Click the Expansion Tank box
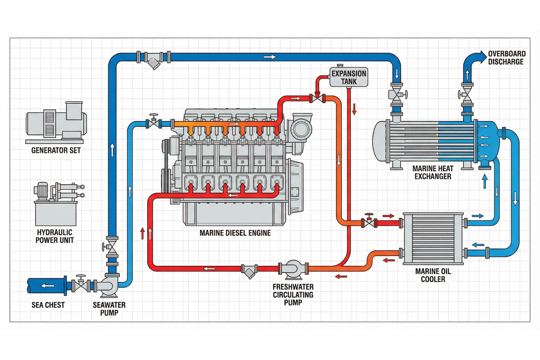[349, 77]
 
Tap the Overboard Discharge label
[507, 58]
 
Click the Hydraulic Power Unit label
[54, 237]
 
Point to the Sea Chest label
[48, 305]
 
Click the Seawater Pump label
[109, 309]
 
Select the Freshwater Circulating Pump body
[293, 269]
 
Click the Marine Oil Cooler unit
[433, 238]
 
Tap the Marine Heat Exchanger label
[433, 173]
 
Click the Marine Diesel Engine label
[235, 233]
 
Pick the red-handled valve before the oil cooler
[369, 222]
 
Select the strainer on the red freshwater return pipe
[249, 271]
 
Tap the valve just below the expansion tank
[317, 98]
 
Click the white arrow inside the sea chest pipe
[47, 286]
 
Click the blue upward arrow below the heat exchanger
[485, 181]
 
